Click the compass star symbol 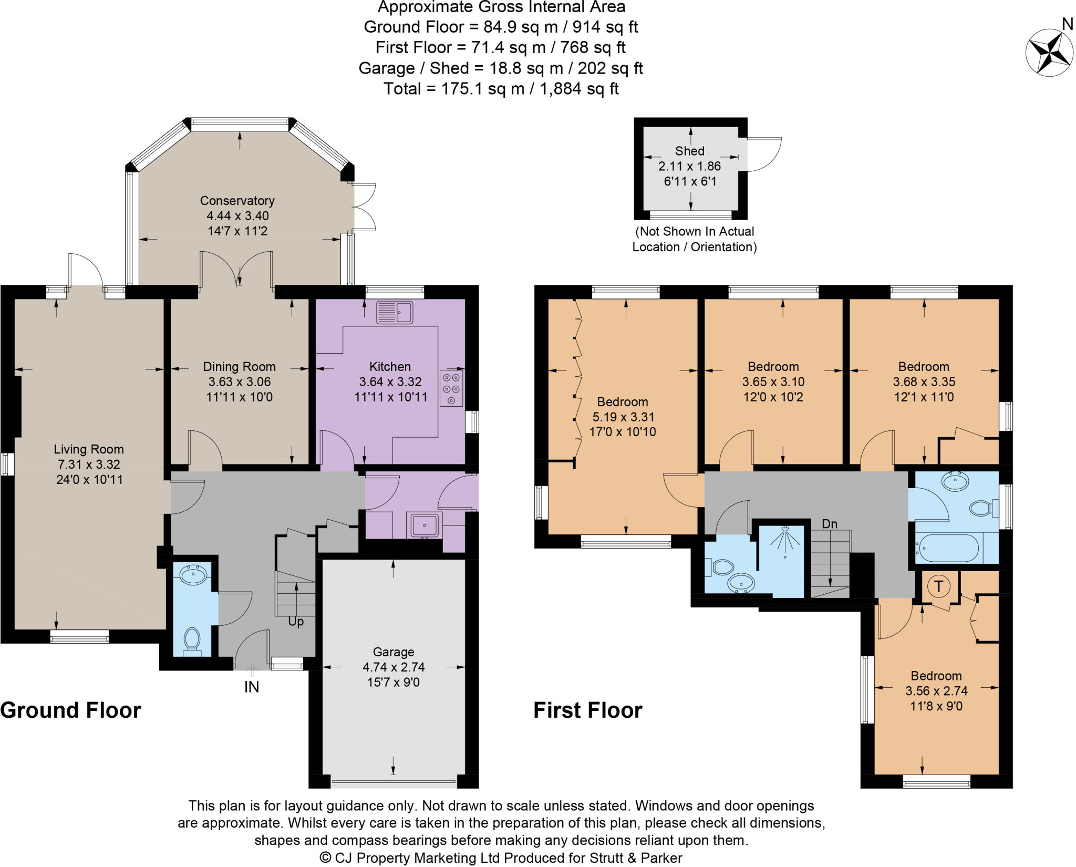click(x=1049, y=53)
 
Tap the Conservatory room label click(x=237, y=201)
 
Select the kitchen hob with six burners click(x=451, y=389)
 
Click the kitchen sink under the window click(x=395, y=313)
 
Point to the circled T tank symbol click(x=938, y=586)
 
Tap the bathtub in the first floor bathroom click(x=947, y=549)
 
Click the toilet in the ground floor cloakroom click(x=192, y=640)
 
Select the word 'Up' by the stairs click(x=296, y=622)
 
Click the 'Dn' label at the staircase click(x=830, y=524)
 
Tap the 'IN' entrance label click(x=252, y=687)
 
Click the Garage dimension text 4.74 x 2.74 click(x=394, y=667)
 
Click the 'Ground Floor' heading click(x=71, y=710)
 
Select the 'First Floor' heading click(x=588, y=710)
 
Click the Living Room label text click(x=89, y=449)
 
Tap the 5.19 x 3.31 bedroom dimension click(x=623, y=417)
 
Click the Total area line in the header click(x=501, y=89)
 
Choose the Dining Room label click(x=239, y=367)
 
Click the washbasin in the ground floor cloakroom click(x=193, y=575)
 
